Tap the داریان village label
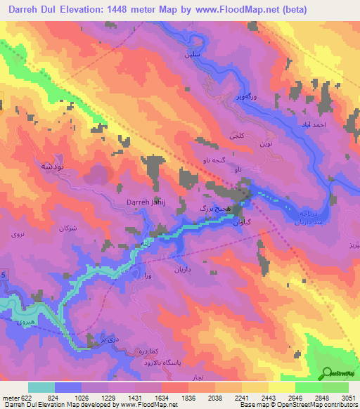tap(177, 268)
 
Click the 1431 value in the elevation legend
tap(144, 397)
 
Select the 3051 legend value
tap(348, 397)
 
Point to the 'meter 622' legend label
tap(17, 397)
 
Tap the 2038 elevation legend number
tap(225, 397)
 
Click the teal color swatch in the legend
tap(41, 387)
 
